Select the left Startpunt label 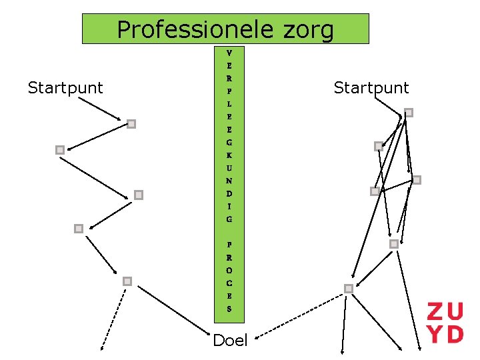65,87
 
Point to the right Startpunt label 371,87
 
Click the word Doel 230,341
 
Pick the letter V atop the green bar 229,52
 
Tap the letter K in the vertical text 229,155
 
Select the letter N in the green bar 229,181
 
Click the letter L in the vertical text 229,105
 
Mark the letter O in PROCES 229,271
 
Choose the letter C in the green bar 229,283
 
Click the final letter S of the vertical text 229,309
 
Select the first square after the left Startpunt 131,123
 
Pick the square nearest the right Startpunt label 409,113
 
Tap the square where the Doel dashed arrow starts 348,289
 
